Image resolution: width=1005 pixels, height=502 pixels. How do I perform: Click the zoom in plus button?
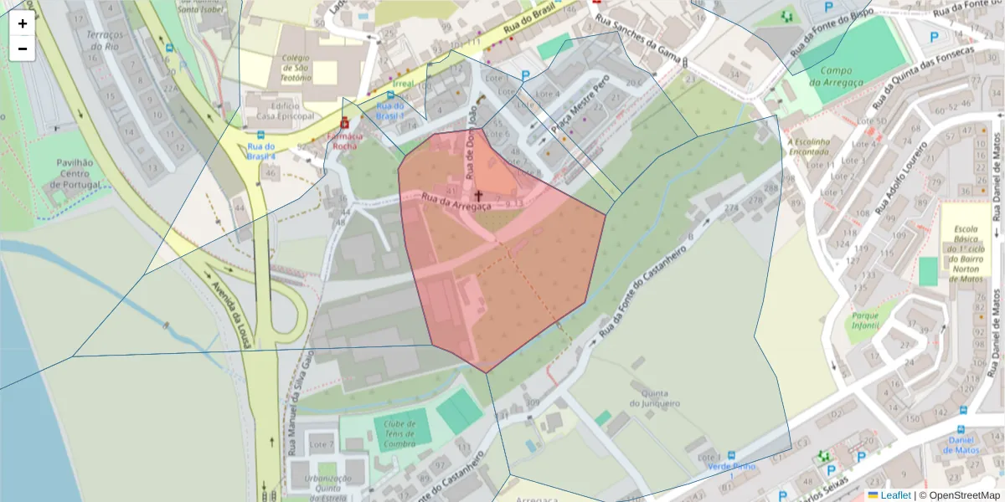click(23, 23)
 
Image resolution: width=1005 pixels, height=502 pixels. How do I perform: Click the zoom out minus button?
click(23, 48)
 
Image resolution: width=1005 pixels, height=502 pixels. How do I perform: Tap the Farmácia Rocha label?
click(345, 140)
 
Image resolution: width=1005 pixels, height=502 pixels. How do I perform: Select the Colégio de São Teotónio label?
click(296, 68)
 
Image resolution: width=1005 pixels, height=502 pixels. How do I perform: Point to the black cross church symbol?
click(478, 195)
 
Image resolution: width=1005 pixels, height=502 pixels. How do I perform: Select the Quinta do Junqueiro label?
click(654, 397)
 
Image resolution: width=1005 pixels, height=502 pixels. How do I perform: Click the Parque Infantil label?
click(865, 321)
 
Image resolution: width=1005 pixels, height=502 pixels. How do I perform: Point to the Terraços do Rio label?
click(105, 40)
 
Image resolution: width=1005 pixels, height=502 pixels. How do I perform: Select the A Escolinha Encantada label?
click(808, 147)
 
